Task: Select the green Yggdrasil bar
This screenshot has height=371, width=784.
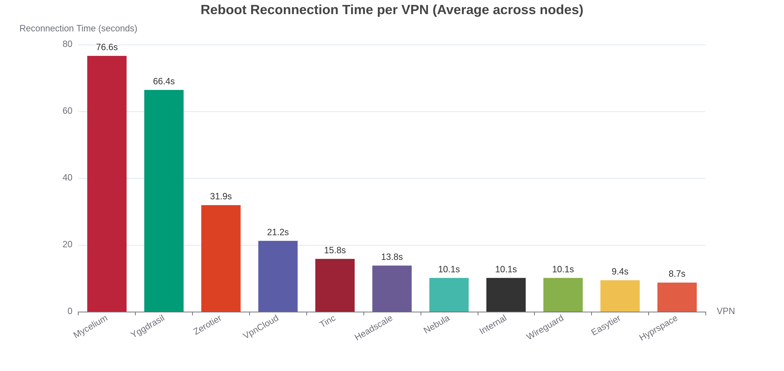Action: [164, 201]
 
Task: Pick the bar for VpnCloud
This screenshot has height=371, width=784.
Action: [278, 276]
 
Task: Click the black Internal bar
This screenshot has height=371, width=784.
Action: [506, 295]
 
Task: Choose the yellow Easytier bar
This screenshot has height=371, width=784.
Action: [620, 296]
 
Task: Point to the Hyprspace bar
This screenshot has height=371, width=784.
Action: [677, 297]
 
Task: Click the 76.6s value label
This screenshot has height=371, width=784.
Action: [107, 47]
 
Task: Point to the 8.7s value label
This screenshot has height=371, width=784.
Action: [677, 274]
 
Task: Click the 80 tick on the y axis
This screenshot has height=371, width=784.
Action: [67, 44]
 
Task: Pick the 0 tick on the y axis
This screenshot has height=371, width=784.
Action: [70, 311]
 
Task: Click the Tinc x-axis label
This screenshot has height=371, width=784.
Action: [328, 321]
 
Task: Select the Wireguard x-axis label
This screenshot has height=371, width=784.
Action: [545, 327]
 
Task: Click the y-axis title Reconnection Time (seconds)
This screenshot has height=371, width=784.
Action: [78, 28]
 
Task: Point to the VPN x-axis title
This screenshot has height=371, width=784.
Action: [726, 311]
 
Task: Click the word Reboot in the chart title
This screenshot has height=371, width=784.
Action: [224, 10]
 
